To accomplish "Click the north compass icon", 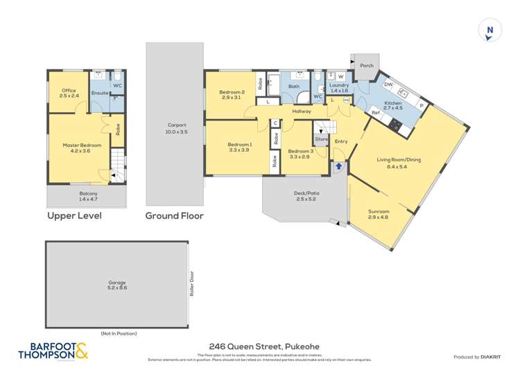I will click(490, 30).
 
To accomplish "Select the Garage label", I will click(117, 284).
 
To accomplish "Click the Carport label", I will click(176, 128).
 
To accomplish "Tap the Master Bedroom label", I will click(82, 148).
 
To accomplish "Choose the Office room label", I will click(69, 93).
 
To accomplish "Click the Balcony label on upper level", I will click(88, 195).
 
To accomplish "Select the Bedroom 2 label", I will click(232, 95).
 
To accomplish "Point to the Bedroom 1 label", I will click(240, 148).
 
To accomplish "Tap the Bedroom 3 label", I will click(301, 155).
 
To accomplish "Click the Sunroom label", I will click(379, 214).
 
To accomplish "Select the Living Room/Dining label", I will click(404, 164).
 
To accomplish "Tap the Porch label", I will click(366, 67).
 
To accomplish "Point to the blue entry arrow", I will click(339, 166).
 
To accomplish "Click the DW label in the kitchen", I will click(388, 85).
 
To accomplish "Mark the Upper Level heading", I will click(74, 216).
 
